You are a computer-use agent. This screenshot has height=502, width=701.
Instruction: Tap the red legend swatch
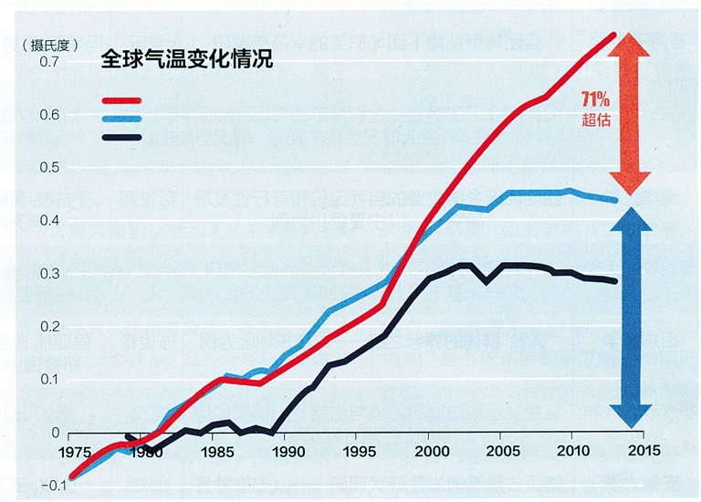[x=122, y=101]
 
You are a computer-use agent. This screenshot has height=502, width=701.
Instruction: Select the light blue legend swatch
[x=122, y=120]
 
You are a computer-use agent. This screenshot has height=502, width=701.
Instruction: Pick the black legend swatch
[x=122, y=138]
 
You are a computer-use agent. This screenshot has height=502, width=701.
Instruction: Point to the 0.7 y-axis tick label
[x=47, y=62]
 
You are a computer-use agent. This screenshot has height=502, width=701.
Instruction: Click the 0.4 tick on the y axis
[x=47, y=221]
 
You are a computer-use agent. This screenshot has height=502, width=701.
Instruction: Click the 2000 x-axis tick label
[x=429, y=452]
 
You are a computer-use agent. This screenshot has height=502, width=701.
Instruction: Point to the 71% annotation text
[x=596, y=99]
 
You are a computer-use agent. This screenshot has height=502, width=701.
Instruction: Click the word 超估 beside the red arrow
[x=596, y=120]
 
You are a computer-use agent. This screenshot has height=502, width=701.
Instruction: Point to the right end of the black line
[x=614, y=281]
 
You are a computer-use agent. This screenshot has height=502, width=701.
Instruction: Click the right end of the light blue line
[x=614, y=200]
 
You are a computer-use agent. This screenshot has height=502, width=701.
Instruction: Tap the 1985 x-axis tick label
[x=214, y=452]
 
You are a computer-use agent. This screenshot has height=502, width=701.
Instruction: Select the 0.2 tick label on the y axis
[x=47, y=327]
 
